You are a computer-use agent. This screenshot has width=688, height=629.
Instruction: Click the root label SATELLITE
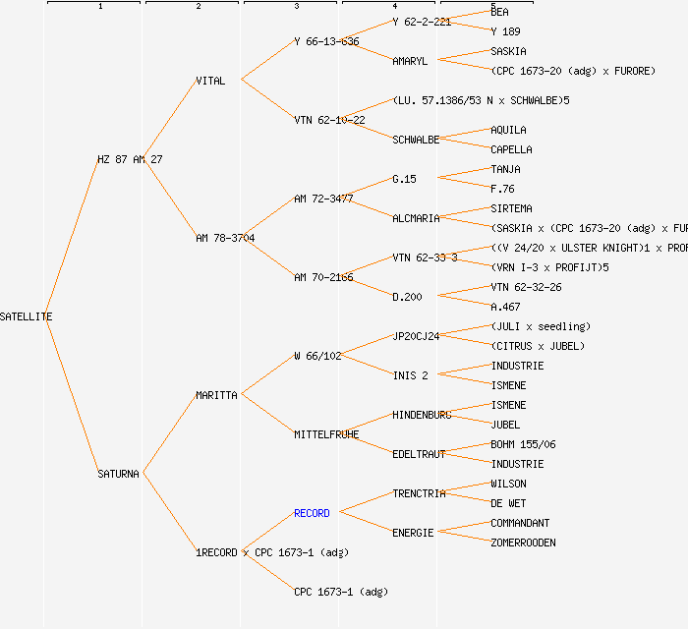point(27,316)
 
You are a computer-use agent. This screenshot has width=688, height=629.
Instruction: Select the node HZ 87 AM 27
point(130,159)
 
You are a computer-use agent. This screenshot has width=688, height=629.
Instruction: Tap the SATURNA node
point(119,474)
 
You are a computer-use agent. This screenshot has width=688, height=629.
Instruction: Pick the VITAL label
point(210,81)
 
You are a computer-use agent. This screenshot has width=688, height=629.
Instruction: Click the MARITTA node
point(216,395)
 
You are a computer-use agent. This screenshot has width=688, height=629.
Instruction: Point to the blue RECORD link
point(312,513)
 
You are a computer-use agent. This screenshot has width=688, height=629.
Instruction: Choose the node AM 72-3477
point(323,199)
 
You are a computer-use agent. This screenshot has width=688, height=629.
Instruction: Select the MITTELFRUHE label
point(326,434)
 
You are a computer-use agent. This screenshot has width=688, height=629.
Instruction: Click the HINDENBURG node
point(422,415)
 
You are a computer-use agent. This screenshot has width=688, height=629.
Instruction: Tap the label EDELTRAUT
point(419,454)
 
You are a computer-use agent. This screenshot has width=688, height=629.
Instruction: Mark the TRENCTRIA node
point(419,493)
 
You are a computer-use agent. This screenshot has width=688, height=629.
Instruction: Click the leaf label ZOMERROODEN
point(523,543)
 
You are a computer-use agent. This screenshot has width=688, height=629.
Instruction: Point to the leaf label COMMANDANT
point(520,523)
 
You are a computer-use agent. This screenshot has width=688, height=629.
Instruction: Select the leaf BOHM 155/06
point(523,444)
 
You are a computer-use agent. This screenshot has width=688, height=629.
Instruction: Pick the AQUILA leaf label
point(508,130)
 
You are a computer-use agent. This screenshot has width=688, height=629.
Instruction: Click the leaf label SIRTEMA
point(511,208)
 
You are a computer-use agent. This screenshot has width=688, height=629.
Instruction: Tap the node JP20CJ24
point(416,336)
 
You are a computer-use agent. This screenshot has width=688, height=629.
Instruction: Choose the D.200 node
point(407,297)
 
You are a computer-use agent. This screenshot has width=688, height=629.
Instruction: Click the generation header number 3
point(296,7)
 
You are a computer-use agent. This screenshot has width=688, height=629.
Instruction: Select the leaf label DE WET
point(508,503)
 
